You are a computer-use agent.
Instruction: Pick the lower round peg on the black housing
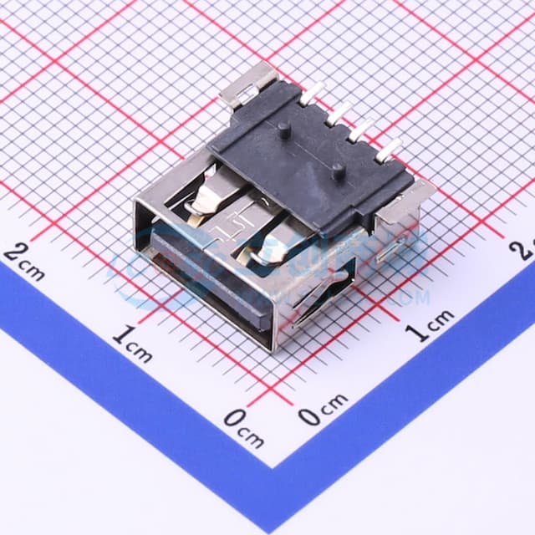[337, 171]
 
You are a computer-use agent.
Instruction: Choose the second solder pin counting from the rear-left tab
[338, 113]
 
